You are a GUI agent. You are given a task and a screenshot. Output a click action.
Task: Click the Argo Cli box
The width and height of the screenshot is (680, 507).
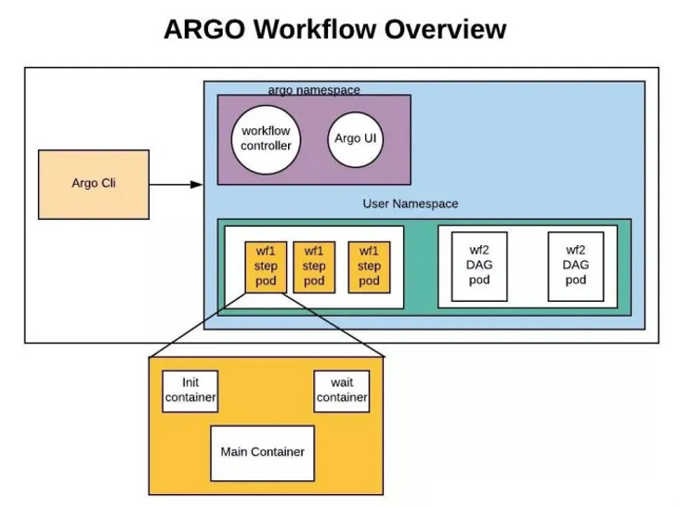pyautogui.click(x=93, y=184)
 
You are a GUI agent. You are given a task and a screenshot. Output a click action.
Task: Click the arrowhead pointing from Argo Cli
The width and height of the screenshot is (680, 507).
pyautogui.click(x=196, y=184)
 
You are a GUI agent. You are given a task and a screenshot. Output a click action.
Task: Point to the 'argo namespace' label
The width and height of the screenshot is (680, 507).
pyautogui.click(x=313, y=90)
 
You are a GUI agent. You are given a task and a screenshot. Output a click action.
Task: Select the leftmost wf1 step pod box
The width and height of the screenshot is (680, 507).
pyautogui.click(x=266, y=266)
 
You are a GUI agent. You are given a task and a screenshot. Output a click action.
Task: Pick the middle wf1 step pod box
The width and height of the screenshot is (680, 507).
pyautogui.click(x=314, y=266)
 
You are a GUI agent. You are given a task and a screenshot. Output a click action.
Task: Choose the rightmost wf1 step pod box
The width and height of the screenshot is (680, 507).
pyautogui.click(x=369, y=266)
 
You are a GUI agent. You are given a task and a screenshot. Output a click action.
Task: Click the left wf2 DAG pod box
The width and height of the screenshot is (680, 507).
pyautogui.click(x=479, y=266)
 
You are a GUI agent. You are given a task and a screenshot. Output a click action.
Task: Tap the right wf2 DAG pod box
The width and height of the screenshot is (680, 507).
pyautogui.click(x=576, y=266)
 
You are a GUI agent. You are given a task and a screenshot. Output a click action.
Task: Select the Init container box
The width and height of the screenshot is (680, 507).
pyautogui.click(x=190, y=391)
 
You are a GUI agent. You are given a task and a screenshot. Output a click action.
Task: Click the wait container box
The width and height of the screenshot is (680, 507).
pyautogui.click(x=341, y=391)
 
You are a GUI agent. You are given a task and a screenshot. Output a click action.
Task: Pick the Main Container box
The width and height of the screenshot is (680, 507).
pyautogui.click(x=262, y=452)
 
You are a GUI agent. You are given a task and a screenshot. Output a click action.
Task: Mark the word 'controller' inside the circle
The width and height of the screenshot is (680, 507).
pyautogui.click(x=266, y=146)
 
